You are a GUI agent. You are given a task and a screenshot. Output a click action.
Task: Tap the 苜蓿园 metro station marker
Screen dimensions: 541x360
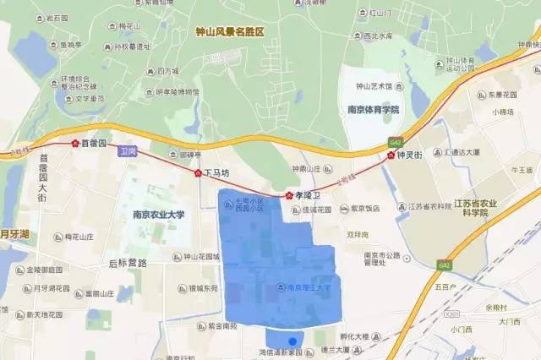(74, 145)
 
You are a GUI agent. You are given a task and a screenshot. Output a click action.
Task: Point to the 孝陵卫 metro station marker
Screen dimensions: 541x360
(289, 194)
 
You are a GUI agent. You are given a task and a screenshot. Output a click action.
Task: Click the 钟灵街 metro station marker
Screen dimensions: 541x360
(391, 155)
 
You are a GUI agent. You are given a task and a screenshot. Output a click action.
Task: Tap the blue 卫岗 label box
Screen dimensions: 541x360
(128, 150)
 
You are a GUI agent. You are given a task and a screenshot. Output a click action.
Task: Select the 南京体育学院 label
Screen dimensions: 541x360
(373, 110)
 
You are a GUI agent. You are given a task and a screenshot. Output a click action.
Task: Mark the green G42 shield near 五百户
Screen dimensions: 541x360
(443, 265)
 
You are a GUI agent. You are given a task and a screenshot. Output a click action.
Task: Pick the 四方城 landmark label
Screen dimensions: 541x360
(168, 72)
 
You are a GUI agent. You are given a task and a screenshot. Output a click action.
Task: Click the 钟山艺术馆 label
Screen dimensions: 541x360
(375, 86)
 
